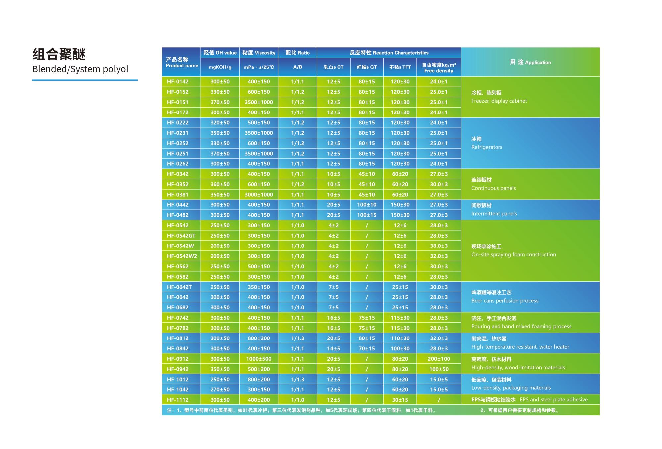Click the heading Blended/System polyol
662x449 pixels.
[x=80, y=69]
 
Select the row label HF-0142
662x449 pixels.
[x=178, y=82]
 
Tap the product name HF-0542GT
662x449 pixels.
[x=181, y=236]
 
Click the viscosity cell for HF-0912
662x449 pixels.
[x=259, y=359]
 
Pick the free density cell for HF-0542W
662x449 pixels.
[x=439, y=246]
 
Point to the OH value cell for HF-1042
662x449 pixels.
[x=220, y=389]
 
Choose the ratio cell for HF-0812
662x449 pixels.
[x=297, y=338]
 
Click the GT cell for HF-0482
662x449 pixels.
[x=366, y=215]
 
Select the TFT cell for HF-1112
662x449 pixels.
[x=400, y=400]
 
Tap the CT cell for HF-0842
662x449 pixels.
[x=333, y=348]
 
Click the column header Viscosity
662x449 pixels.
[x=259, y=53]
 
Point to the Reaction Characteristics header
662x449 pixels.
[x=389, y=53]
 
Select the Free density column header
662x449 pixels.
[x=439, y=68]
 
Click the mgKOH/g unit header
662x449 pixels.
[x=220, y=67]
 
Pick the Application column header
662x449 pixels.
[x=530, y=62]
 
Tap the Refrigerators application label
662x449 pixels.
[x=487, y=147]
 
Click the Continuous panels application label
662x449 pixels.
[x=493, y=188]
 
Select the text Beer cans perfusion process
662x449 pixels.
[x=504, y=301]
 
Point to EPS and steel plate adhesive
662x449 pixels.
[x=553, y=400]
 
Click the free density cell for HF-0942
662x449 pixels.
[x=439, y=369]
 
